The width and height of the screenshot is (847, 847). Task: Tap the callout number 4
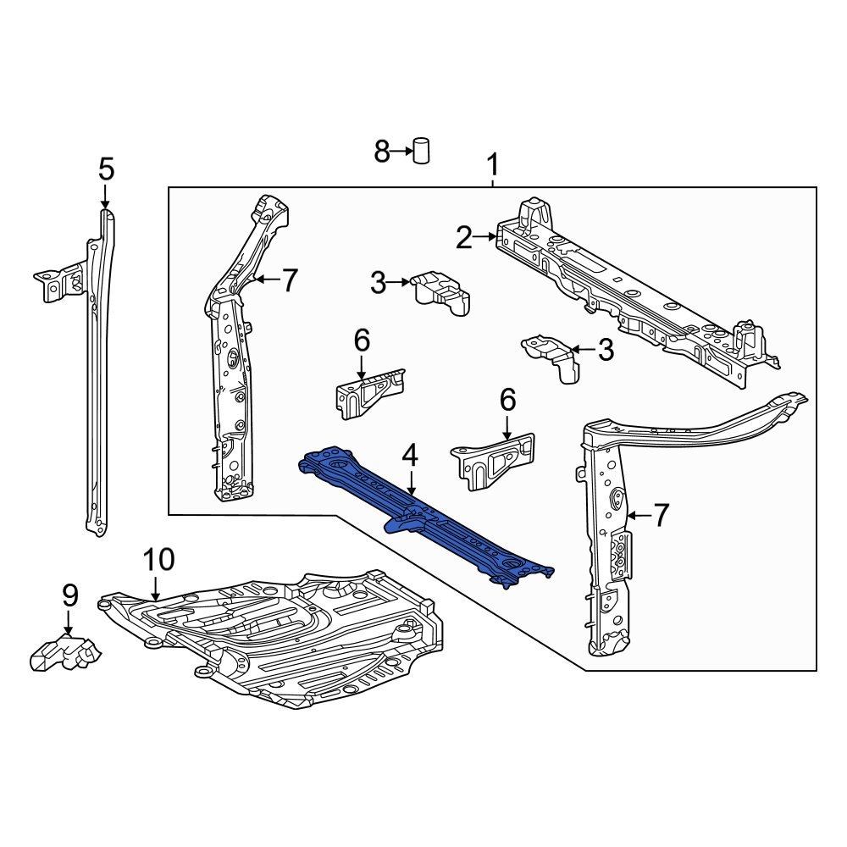[410, 457]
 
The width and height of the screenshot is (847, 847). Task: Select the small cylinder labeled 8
[421, 150]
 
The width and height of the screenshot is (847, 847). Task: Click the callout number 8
[382, 152]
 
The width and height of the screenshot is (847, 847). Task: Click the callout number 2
[463, 238]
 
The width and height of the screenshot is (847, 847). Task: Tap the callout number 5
[105, 169]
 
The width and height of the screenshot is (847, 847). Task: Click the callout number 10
[158, 560]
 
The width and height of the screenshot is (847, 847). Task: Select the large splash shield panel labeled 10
[280, 635]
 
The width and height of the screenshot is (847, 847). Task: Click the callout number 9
[69, 595]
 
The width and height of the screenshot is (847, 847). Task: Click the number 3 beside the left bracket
[378, 284]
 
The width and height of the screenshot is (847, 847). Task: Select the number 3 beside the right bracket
[605, 349]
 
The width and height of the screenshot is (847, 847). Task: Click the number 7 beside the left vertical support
[290, 280]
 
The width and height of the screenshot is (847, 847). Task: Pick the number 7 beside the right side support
[661, 514]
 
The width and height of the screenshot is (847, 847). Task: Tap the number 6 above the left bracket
[362, 341]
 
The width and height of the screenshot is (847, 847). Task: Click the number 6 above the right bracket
[507, 399]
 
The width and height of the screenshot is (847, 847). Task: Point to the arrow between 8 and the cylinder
[401, 152]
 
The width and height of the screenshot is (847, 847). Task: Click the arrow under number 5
[105, 197]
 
